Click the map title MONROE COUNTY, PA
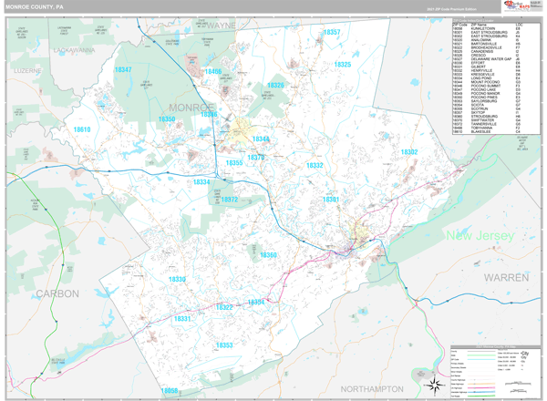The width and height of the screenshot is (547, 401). [35, 6]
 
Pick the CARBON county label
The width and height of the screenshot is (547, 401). [57, 293]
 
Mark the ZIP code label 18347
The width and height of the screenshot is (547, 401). [122, 70]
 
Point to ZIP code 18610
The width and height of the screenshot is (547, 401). [82, 130]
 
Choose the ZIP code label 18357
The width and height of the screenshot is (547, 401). [332, 33]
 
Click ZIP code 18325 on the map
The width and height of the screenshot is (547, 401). [342, 65]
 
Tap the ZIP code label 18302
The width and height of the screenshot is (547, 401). [408, 152]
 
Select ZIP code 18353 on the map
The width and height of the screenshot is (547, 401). [224, 345]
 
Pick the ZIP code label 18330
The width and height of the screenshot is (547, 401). [177, 279]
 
